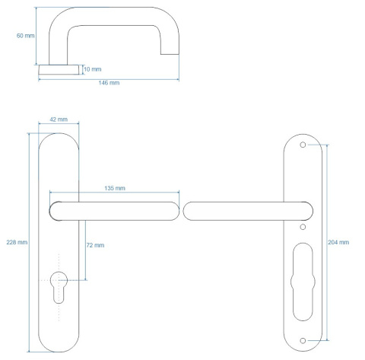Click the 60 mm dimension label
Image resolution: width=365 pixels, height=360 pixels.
point(25,36)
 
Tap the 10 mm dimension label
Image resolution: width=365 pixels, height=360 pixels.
point(93,69)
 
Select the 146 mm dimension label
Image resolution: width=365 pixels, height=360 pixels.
point(109,83)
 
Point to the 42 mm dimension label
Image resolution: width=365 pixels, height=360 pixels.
point(59,119)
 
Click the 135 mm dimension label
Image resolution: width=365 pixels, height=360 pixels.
point(115,188)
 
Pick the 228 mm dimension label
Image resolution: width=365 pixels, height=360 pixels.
point(17,242)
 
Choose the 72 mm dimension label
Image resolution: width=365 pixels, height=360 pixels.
point(95,245)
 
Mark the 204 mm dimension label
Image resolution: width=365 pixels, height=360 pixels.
point(338,242)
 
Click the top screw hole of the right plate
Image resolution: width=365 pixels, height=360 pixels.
point(303,145)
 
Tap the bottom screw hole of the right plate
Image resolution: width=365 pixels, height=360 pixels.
point(303,340)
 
